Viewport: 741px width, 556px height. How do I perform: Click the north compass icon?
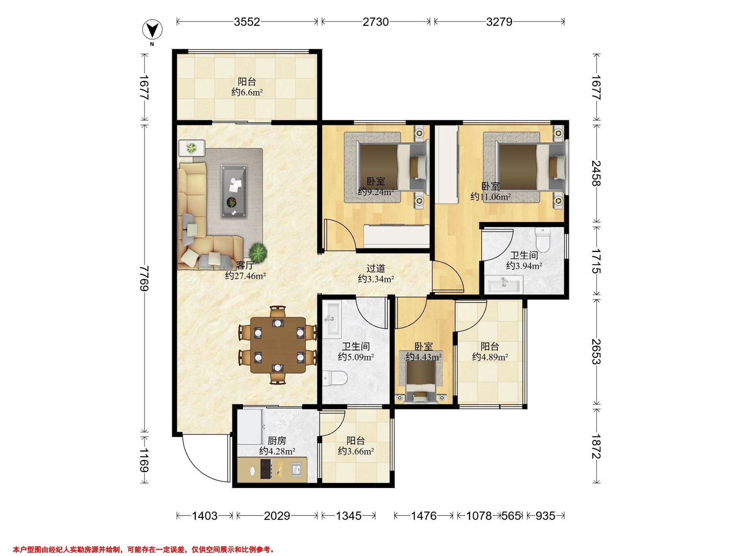point(153,31)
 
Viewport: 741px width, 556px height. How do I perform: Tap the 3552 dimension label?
point(247,22)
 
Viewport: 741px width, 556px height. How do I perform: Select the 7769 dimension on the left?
point(145,279)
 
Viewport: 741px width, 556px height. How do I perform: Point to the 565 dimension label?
point(511,516)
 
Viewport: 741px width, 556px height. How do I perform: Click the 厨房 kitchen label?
point(277,440)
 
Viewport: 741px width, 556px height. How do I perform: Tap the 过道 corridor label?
point(375,268)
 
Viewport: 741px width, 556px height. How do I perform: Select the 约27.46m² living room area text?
point(245,276)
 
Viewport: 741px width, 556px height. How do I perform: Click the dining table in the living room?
point(278,345)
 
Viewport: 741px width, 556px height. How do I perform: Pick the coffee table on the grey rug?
point(234,192)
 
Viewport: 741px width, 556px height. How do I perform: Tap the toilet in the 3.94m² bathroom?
point(543,239)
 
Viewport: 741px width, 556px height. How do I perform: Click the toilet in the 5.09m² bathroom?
point(335,378)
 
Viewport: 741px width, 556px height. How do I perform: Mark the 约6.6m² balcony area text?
point(247,92)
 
